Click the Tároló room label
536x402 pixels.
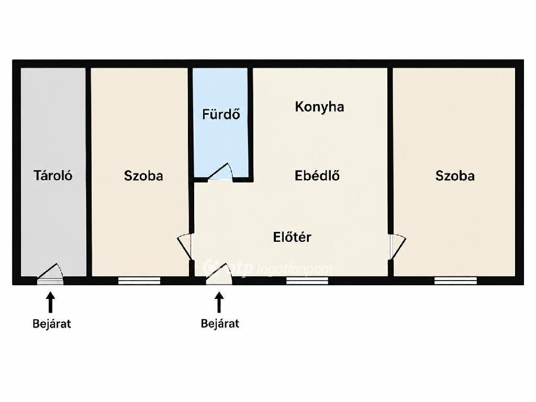click(53, 175)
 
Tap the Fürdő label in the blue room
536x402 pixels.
click(221, 114)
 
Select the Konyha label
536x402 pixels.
click(319, 107)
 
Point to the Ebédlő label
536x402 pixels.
click(317, 175)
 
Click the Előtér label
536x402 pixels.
click(292, 237)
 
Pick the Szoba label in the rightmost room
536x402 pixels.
click(455, 176)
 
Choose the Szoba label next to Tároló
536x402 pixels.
click(143, 176)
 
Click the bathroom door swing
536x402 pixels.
click(221, 172)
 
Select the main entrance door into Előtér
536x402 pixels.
click(219, 274)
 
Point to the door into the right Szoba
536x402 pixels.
click(397, 246)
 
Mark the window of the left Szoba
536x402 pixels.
click(139, 281)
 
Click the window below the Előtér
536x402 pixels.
click(307, 281)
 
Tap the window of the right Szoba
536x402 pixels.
click(456, 281)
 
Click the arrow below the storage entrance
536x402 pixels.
click(51, 302)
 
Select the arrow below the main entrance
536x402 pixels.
click(219, 302)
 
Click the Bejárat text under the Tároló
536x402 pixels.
click(52, 323)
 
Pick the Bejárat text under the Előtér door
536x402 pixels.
click(220, 323)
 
